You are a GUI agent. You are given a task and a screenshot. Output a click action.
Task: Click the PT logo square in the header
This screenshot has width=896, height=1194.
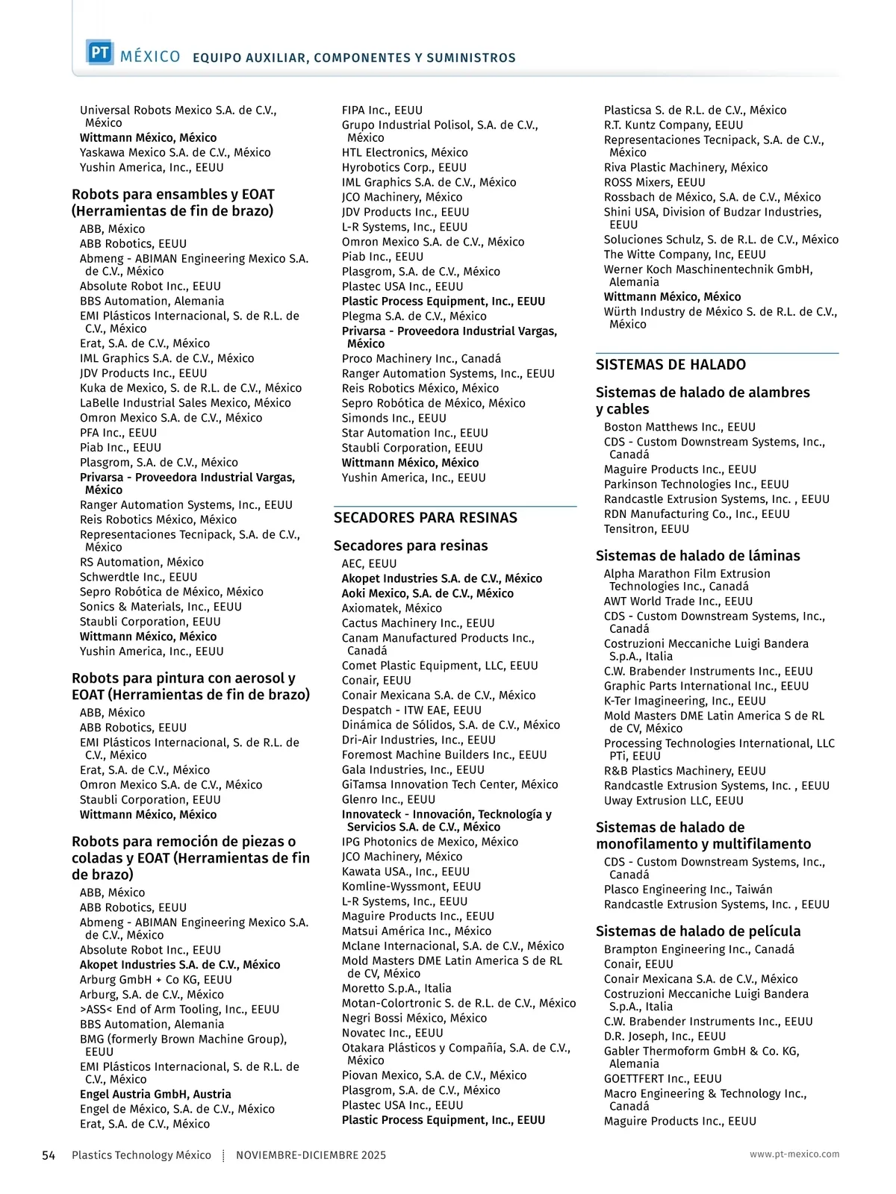tap(99, 53)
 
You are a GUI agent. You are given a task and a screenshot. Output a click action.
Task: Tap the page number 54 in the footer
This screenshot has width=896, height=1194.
tap(49, 1155)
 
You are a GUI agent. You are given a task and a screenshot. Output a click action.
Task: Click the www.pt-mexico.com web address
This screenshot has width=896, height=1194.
tap(794, 1154)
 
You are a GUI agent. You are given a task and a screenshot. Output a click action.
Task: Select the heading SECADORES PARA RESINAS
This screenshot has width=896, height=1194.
tap(425, 518)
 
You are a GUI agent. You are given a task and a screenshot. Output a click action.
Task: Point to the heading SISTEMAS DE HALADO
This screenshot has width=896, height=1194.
tap(671, 365)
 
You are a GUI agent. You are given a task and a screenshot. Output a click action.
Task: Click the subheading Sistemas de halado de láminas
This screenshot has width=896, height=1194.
tap(697, 556)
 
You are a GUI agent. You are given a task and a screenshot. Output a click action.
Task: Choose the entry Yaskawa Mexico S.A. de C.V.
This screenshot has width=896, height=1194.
tap(175, 153)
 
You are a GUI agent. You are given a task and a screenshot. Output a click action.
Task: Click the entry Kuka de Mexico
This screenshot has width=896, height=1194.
tap(190, 388)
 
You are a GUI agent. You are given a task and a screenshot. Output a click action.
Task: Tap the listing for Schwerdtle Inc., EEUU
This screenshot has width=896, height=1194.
tap(138, 577)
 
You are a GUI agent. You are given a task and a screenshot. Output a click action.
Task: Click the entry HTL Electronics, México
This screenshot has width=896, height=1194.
tap(405, 153)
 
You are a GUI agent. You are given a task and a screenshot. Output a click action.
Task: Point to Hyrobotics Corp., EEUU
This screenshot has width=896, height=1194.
tap(404, 168)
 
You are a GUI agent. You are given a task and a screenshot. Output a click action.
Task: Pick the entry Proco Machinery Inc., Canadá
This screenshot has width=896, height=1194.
tap(421, 359)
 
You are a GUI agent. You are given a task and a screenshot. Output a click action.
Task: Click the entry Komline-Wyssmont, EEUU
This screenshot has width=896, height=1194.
tap(411, 887)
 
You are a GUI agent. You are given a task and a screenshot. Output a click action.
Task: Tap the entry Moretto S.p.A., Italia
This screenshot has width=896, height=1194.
tap(396, 988)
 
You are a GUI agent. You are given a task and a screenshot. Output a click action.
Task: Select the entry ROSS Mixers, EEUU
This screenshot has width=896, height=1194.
tap(654, 183)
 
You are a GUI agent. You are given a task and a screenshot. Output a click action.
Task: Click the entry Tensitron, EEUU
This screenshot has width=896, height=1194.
tap(646, 529)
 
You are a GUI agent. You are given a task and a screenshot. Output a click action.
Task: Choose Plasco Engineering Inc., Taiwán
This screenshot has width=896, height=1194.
tap(688, 890)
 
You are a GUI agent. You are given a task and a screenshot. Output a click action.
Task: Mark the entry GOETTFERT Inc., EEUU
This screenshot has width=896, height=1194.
tap(662, 1079)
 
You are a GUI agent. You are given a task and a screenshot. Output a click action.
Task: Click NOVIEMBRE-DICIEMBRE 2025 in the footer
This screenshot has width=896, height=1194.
tap(311, 1155)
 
